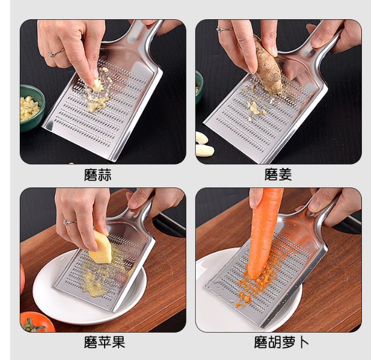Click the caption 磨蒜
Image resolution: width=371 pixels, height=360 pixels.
pyautogui.click(x=98, y=175)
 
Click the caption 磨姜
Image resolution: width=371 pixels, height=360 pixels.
pyautogui.click(x=278, y=175)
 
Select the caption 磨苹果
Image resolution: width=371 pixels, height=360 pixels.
pyautogui.click(x=105, y=342)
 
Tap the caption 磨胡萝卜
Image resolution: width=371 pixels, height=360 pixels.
pyautogui.click(x=281, y=342)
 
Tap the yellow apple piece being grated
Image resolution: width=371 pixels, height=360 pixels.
pyautogui.click(x=100, y=247)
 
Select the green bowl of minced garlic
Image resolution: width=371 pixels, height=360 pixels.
pyautogui.click(x=31, y=107)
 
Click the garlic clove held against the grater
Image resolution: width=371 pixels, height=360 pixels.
pyautogui.click(x=97, y=85)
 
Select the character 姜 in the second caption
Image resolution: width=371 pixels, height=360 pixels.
pyautogui.click(x=285, y=175)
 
